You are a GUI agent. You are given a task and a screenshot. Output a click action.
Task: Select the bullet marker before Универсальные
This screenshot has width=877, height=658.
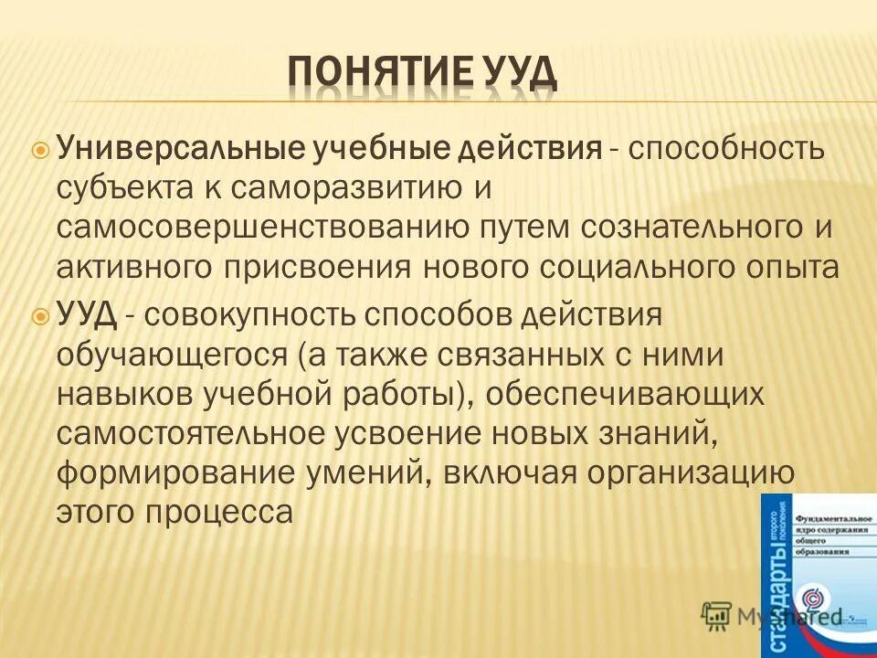point(40,148)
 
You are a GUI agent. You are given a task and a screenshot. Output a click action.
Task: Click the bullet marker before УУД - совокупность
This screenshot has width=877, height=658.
point(40,315)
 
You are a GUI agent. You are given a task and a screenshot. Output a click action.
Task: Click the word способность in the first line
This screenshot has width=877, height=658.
point(726,147)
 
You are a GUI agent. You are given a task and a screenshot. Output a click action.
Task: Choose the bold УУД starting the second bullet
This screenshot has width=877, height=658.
point(86,315)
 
